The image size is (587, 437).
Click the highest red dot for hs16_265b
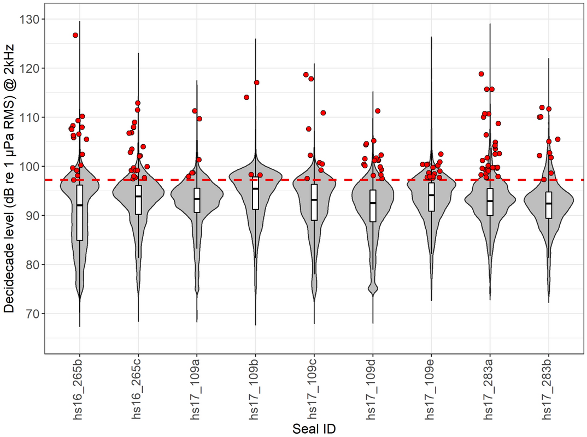75,35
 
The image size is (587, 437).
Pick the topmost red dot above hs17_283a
482,74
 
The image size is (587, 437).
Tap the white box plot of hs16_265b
80,213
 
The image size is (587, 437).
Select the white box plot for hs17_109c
314,202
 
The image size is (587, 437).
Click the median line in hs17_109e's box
431,195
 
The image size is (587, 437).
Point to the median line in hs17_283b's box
548,203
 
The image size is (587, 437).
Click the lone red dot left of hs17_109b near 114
246,97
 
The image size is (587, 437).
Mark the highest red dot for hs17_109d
378,111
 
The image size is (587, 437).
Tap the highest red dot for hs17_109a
195,111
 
